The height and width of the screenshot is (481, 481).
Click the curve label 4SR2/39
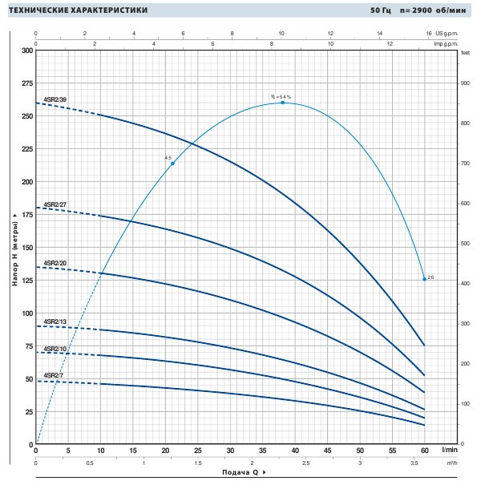55,99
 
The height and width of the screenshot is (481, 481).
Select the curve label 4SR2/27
55,206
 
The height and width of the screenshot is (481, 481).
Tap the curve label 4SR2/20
55,262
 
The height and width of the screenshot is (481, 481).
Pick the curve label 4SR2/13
55,321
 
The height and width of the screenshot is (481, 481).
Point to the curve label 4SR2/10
55,349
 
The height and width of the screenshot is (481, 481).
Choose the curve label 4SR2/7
53,375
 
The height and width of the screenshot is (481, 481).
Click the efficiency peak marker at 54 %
282,103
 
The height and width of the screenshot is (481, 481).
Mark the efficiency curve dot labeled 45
172,164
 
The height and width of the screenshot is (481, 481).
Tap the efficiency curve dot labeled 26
424,279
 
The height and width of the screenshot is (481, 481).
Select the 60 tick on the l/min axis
424,451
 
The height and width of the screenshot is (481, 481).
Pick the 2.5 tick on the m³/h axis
305,463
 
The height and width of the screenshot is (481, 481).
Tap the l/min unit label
449,451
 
